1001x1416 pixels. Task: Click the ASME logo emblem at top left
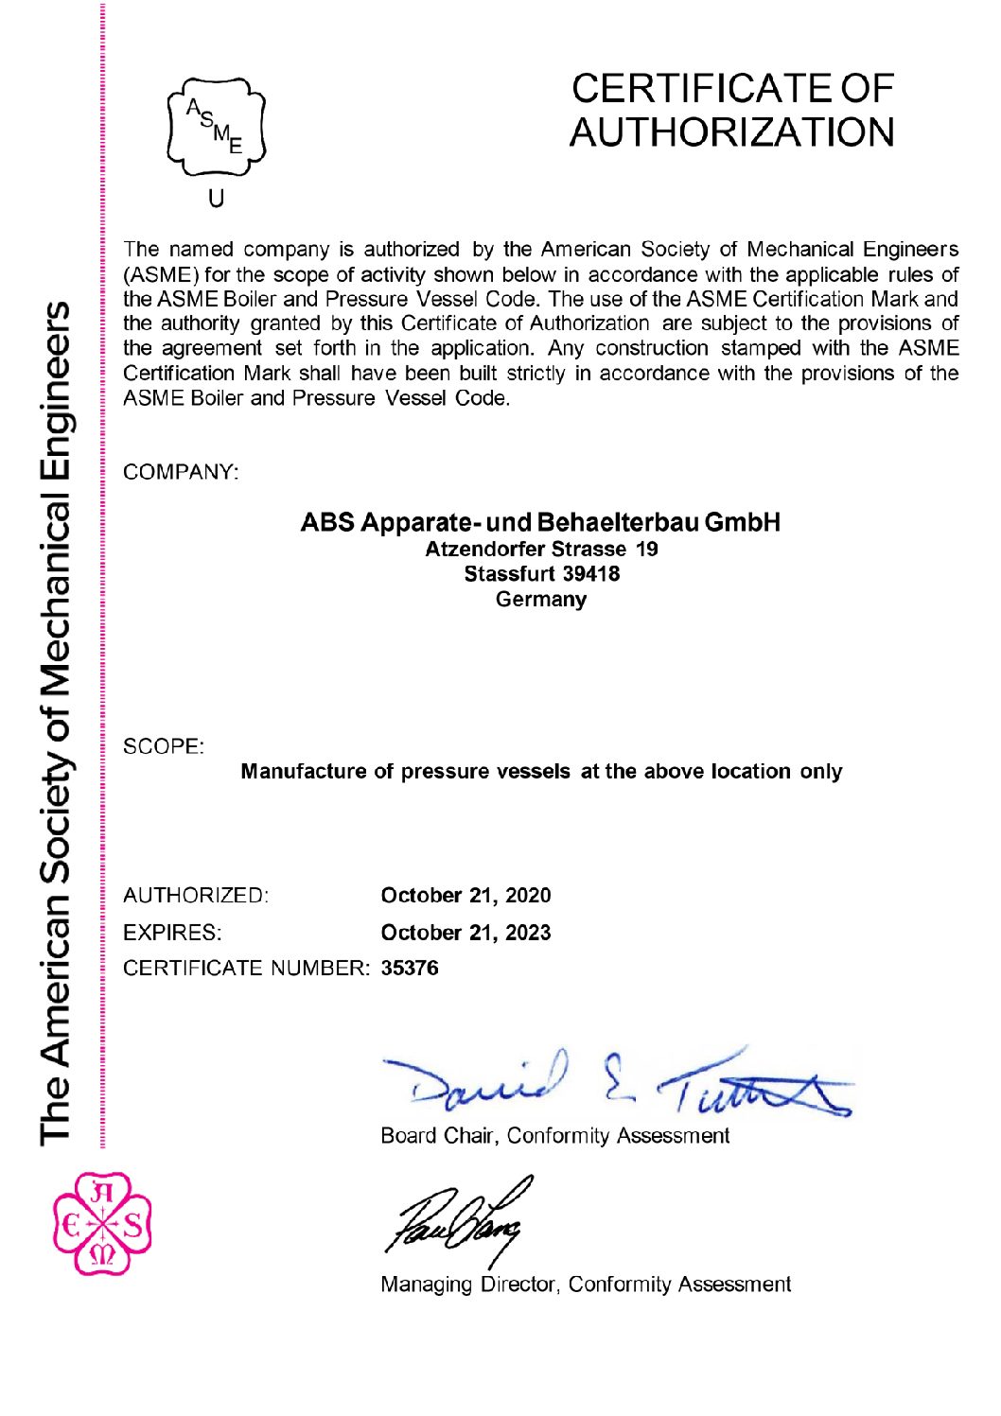click(x=217, y=129)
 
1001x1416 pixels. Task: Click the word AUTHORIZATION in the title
click(x=731, y=131)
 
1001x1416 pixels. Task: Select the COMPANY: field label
click(x=181, y=471)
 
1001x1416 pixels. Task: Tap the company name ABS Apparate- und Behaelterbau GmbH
click(x=540, y=522)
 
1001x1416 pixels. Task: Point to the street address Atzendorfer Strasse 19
click(x=541, y=549)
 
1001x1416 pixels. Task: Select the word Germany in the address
click(x=541, y=600)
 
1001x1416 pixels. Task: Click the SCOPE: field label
click(x=164, y=746)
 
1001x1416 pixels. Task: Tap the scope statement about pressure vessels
click(x=541, y=772)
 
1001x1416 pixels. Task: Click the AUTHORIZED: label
click(x=196, y=896)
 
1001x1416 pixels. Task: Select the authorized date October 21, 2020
click(x=465, y=896)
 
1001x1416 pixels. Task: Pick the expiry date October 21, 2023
click(x=465, y=933)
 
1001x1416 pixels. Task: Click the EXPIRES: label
click(x=172, y=933)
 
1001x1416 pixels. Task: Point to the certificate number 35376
click(x=410, y=969)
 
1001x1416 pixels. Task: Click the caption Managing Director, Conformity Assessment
click(x=585, y=1285)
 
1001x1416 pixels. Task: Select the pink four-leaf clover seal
click(x=102, y=1225)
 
